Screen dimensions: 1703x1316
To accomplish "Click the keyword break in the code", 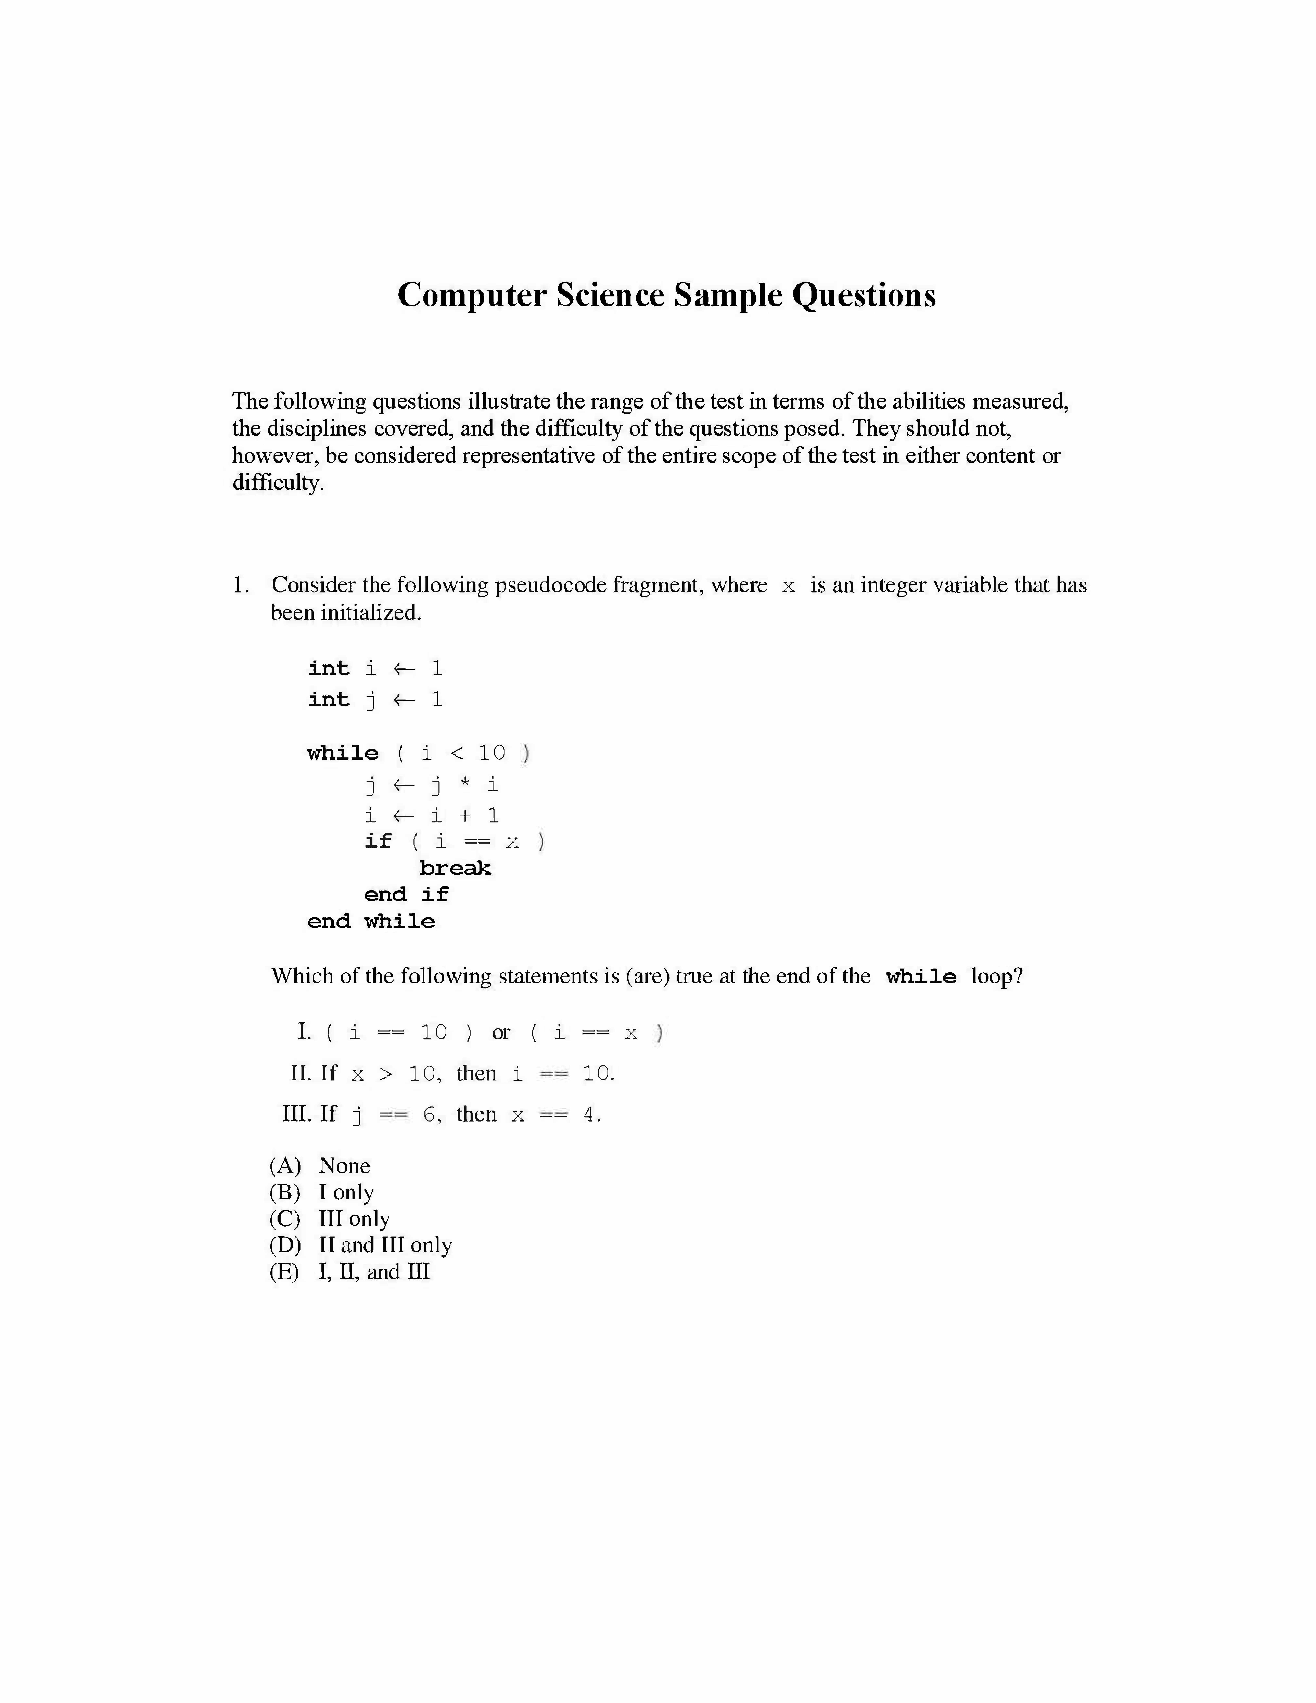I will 455,868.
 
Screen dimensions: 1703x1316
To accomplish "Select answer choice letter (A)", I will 285,1166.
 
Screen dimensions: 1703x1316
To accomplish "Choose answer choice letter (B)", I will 285,1192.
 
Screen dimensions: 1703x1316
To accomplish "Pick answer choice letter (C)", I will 285,1219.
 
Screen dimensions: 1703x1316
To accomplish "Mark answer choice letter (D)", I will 285,1245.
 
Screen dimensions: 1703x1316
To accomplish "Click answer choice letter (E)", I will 285,1272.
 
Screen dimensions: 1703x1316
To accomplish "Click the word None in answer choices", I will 345,1166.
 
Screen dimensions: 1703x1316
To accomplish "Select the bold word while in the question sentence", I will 921,977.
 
